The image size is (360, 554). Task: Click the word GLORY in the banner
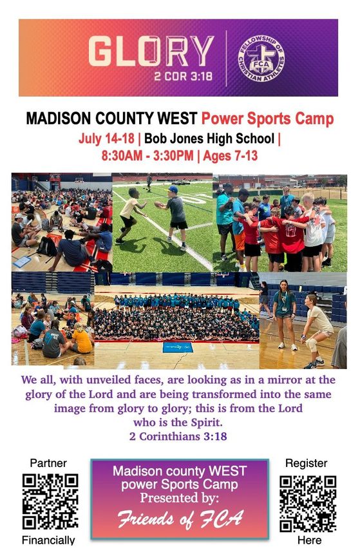tap(151, 52)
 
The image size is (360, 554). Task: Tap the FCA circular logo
tap(261, 58)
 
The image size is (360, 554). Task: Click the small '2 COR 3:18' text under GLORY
tap(183, 76)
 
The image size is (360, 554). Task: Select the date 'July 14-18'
tap(106, 138)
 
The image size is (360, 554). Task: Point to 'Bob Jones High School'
tap(209, 138)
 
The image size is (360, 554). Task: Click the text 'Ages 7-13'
tap(231, 156)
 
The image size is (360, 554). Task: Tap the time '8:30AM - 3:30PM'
tap(147, 156)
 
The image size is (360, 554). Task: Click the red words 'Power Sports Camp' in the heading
tap(267, 119)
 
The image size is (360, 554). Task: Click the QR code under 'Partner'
tap(50, 501)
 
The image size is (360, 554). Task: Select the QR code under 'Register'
tap(308, 504)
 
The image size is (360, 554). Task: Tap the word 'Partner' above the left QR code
tap(48, 463)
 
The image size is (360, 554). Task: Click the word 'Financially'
tap(48, 540)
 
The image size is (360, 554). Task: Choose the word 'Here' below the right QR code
tap(310, 540)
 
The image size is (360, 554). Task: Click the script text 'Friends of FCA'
tap(180, 519)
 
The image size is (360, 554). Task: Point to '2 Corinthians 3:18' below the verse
tap(178, 436)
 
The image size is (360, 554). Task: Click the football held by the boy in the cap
tap(159, 205)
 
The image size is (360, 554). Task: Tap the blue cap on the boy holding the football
tap(173, 189)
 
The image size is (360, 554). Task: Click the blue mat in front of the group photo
tap(178, 347)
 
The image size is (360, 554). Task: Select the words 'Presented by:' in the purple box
tap(180, 498)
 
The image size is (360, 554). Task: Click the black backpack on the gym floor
tap(47, 246)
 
